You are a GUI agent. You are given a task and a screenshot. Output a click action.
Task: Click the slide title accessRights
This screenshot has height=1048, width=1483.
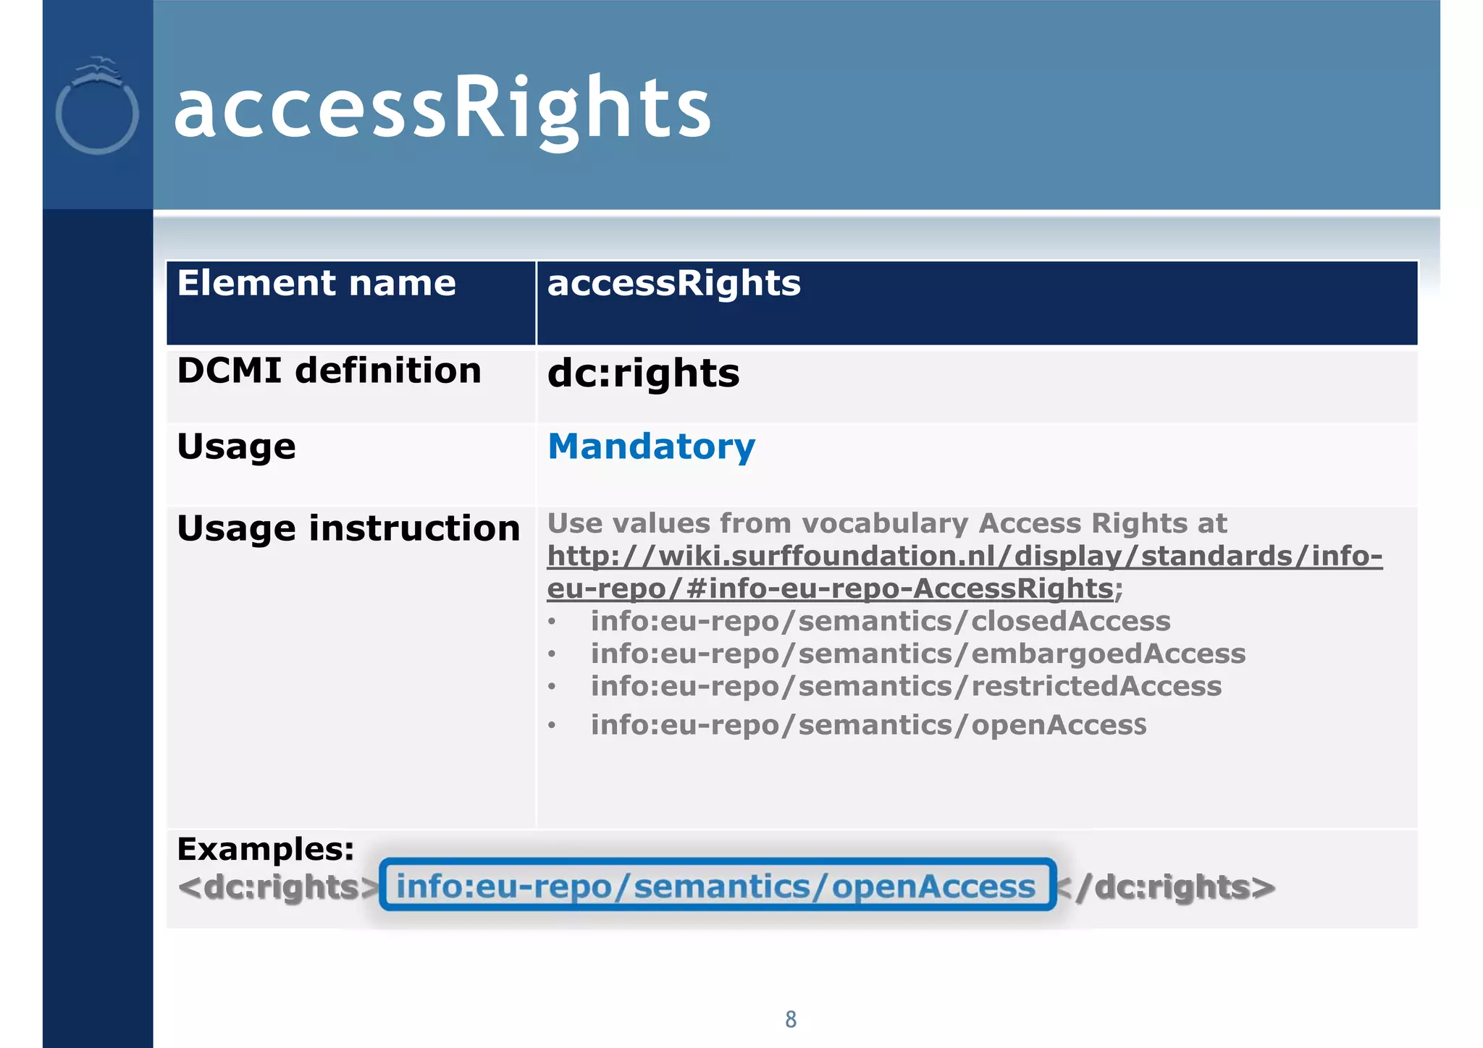442,109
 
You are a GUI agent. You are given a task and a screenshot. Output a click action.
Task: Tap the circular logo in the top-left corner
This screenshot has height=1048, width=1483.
97,106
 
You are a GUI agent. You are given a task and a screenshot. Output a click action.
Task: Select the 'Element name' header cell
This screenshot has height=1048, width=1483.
316,283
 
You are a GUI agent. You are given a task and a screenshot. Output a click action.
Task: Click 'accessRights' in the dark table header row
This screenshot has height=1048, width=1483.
673,283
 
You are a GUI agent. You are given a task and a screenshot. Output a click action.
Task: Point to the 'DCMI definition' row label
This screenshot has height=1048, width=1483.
329,371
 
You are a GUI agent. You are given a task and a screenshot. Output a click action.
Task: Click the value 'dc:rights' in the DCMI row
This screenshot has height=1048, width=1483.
643,373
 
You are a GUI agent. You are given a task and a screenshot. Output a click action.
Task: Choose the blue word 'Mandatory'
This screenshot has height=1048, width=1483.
651,447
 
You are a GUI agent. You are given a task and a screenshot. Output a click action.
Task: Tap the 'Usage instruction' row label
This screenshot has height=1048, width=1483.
348,528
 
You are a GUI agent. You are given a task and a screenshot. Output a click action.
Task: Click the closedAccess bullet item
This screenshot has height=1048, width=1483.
880,622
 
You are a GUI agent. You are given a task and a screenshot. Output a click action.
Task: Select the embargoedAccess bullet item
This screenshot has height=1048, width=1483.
917,654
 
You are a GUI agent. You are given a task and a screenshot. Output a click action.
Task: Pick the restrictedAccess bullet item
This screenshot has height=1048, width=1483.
905,687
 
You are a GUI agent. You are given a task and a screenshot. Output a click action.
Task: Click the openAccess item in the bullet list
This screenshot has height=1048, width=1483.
867,725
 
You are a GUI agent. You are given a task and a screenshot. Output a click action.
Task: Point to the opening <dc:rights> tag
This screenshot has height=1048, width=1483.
278,887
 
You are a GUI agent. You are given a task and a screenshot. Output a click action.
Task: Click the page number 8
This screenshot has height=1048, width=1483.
791,1020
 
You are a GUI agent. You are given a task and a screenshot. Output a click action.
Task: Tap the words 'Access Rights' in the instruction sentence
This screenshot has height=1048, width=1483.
1102,523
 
